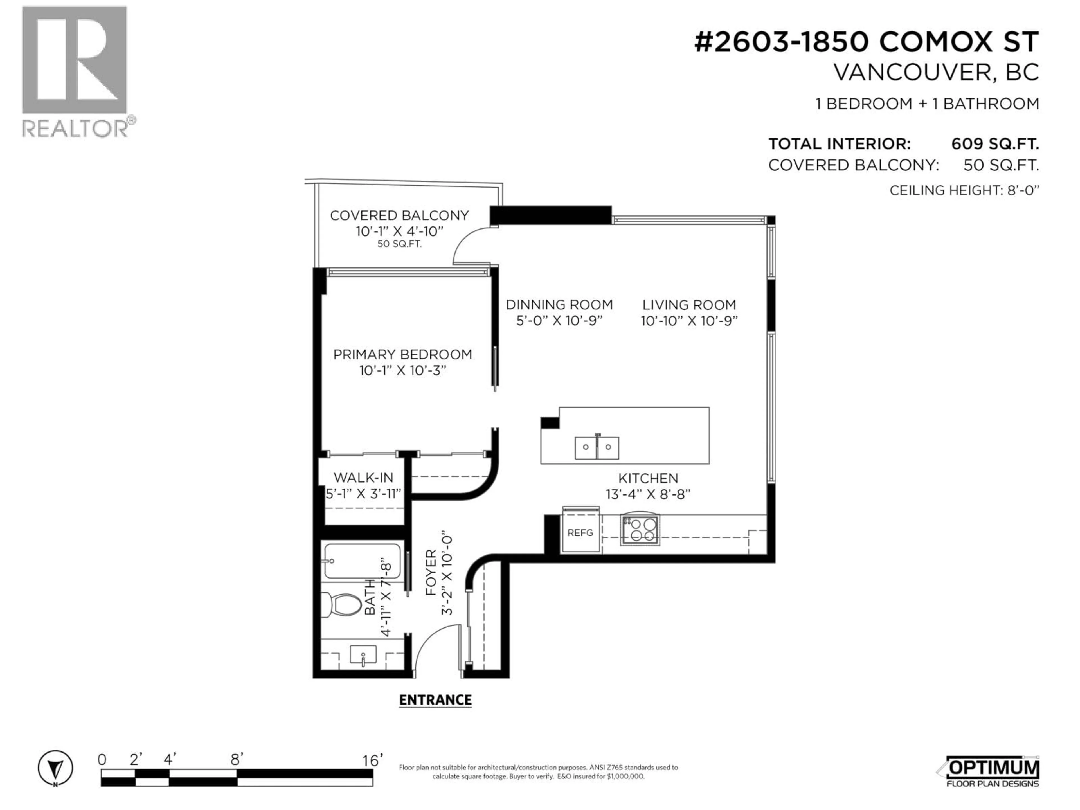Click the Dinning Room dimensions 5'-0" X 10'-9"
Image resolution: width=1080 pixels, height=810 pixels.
pyautogui.click(x=559, y=321)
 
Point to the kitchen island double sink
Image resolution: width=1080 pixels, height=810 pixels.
pyautogui.click(x=597, y=447)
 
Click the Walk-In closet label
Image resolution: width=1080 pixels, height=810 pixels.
pyautogui.click(x=363, y=478)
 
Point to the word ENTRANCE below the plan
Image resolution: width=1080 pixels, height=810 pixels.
pyautogui.click(x=435, y=700)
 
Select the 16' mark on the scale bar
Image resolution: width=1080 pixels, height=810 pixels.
pyautogui.click(x=372, y=760)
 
